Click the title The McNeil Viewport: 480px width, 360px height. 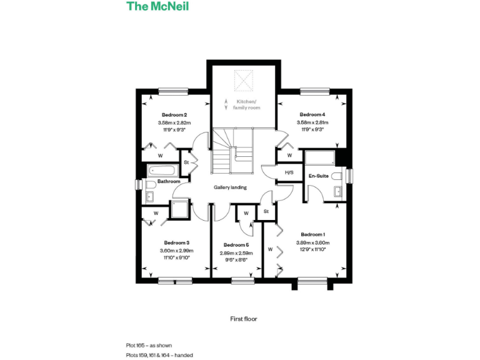click(x=157, y=7)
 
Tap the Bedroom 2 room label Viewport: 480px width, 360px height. click(x=174, y=115)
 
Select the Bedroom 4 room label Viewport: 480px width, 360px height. click(x=312, y=115)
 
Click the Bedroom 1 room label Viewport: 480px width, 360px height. click(x=312, y=234)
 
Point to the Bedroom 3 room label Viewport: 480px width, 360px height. click(x=176, y=242)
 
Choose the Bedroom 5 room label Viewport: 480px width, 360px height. click(x=236, y=245)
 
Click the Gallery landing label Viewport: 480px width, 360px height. click(x=230, y=187)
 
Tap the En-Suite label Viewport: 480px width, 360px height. click(x=319, y=176)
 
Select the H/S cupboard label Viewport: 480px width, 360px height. click(x=289, y=172)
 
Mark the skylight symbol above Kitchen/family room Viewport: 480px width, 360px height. click(x=242, y=80)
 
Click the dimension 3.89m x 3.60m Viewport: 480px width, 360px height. click(x=312, y=242)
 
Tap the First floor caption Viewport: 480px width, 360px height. click(x=244, y=319)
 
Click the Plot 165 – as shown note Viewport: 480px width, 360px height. click(x=149, y=345)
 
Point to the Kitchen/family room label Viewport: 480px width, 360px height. click(x=246, y=105)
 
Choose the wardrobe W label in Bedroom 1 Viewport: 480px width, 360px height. click(x=271, y=249)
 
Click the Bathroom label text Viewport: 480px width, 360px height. click(x=169, y=182)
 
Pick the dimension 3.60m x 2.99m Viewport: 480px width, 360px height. click(x=176, y=251)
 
